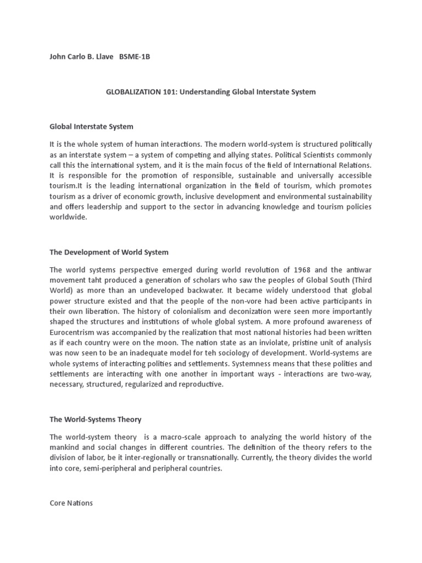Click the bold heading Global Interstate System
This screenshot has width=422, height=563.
point(91,126)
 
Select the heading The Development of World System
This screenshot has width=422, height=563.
point(109,252)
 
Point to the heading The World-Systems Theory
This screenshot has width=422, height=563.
point(95,420)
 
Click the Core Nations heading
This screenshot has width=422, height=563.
point(71,503)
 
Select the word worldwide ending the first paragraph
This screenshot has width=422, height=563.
point(68,217)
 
